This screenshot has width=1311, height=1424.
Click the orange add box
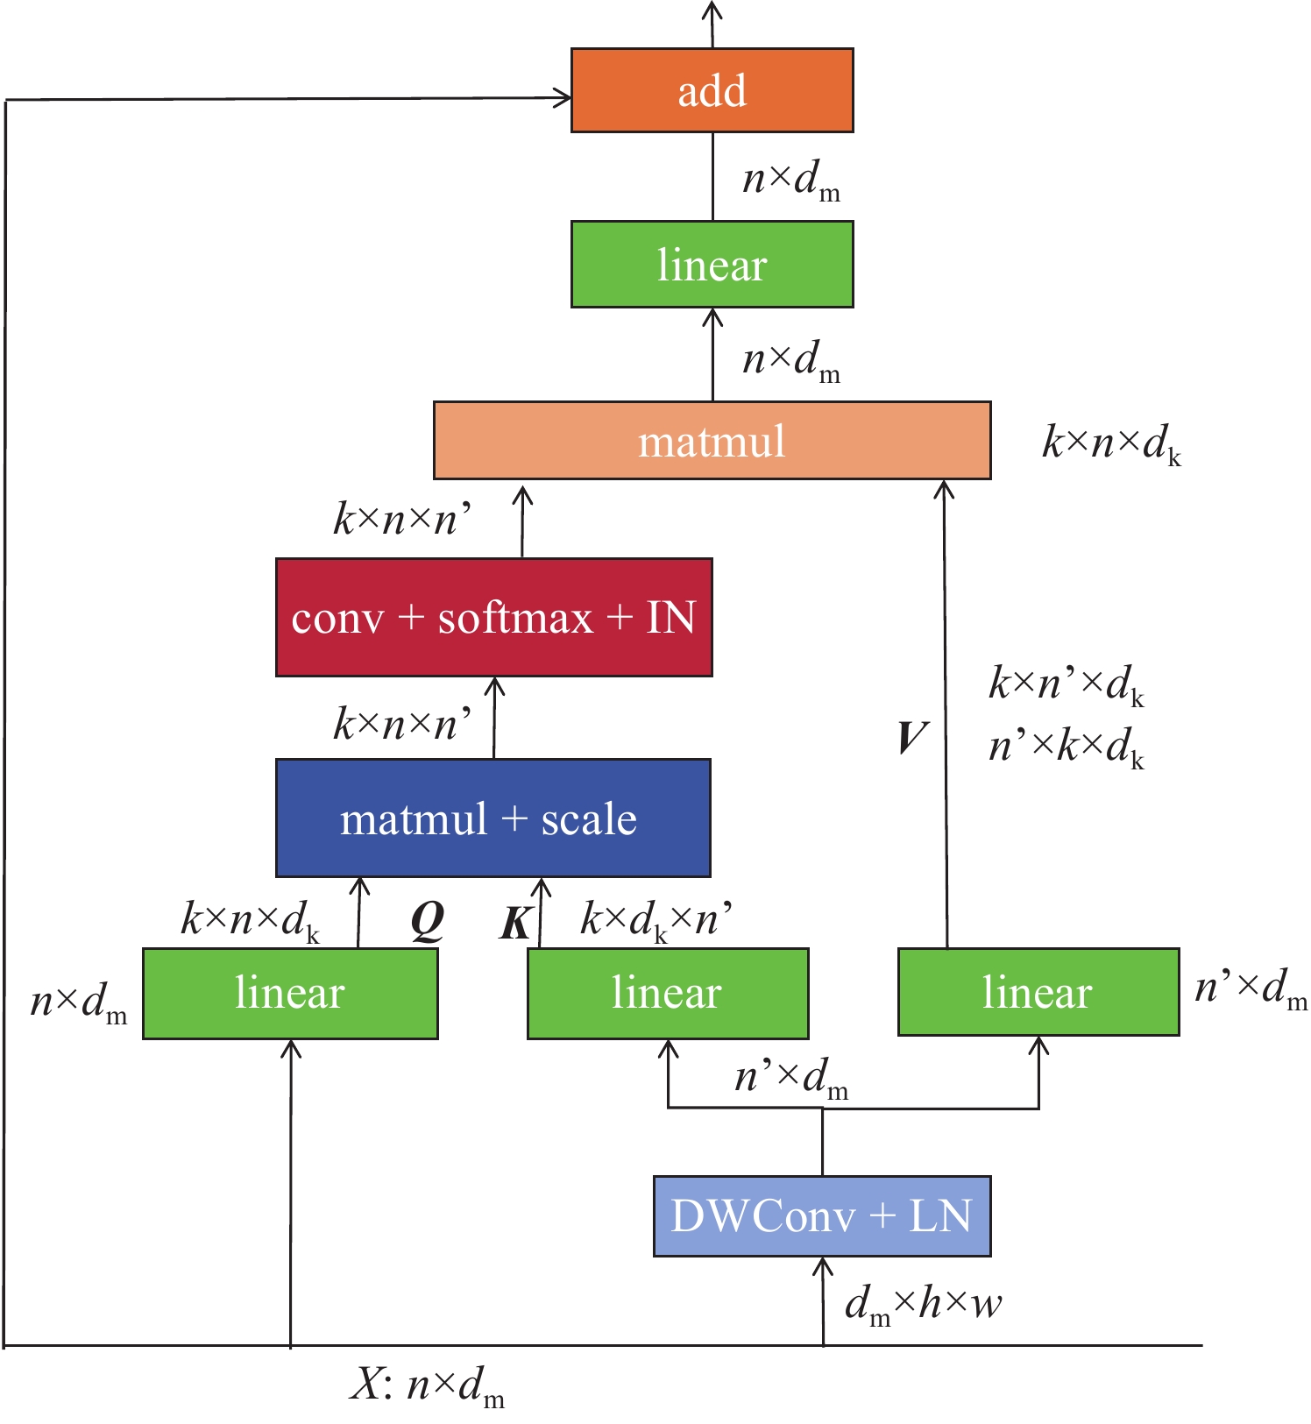tap(712, 90)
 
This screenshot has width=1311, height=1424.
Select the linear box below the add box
tap(712, 264)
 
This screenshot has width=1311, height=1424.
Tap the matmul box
tap(712, 441)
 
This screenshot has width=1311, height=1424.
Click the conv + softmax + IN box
tap(493, 617)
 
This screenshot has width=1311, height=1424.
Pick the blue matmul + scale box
tap(493, 818)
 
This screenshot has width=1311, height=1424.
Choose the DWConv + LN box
tap(821, 1215)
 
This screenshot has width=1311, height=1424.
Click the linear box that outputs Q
tap(290, 993)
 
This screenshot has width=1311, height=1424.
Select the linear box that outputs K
tap(667, 993)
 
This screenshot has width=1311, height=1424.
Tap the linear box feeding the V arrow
tap(1038, 991)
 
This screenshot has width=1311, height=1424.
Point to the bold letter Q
tap(428, 920)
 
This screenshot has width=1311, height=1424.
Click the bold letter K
tap(517, 923)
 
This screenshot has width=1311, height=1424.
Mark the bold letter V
tap(911, 737)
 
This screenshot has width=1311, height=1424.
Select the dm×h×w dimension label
tap(923, 1305)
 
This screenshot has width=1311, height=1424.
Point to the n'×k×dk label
tap(1066, 747)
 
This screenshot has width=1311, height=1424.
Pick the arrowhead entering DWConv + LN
tap(822, 1266)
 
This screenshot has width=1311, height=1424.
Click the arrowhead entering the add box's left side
tap(562, 97)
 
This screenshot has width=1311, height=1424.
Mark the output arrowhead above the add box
tap(712, 11)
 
